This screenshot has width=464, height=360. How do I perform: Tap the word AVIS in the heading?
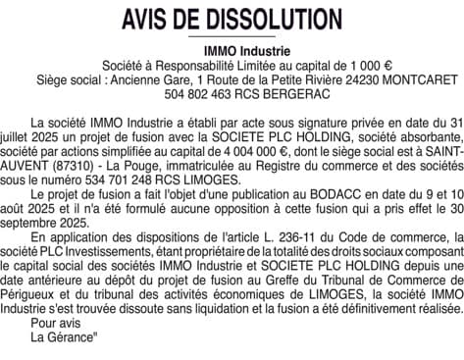click(150, 20)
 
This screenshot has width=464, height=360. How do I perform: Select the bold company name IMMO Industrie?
click(232, 49)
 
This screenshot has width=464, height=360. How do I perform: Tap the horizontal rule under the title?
click(232, 36)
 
